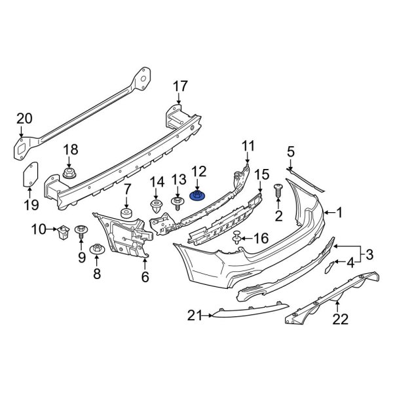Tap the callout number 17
[x=180, y=86]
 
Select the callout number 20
[x=24, y=119]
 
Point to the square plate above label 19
[x=29, y=176]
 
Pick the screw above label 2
[x=278, y=191]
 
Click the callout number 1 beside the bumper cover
[x=339, y=212]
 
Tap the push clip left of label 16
[x=236, y=238]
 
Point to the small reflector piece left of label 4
[x=331, y=265]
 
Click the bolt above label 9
[x=82, y=231]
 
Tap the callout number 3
[x=369, y=254]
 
